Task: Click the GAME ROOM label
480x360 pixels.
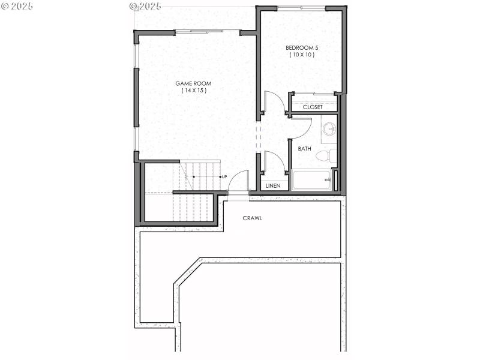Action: tap(193, 83)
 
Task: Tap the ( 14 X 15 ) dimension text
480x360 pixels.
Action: tap(193, 91)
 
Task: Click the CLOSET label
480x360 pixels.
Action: tap(312, 107)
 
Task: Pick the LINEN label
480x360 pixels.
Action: tap(273, 185)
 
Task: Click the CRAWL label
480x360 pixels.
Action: tap(252, 218)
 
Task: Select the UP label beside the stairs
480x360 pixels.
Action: tap(224, 176)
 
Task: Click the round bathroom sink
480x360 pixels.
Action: tap(329, 129)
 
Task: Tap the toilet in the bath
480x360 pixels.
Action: tap(324, 156)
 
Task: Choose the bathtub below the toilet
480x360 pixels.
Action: tap(311, 180)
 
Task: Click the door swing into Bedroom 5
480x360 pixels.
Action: tap(274, 102)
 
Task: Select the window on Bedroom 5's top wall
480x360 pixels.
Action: tap(302, 8)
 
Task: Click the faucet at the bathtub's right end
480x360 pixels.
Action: tap(328, 180)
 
